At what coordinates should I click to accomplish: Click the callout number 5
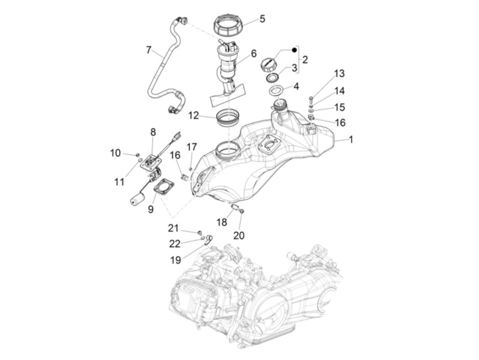click(262, 18)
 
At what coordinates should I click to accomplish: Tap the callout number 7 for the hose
click(148, 50)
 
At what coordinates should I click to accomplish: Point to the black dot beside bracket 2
click(294, 50)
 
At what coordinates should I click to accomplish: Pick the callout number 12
click(193, 115)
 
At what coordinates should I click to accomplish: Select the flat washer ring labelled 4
click(276, 91)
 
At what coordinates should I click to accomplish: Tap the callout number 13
click(339, 74)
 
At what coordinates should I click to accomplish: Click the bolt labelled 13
click(311, 99)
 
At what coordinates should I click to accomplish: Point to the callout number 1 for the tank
click(351, 140)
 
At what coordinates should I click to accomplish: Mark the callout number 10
click(115, 153)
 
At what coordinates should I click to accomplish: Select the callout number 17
click(192, 147)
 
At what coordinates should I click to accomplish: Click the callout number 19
click(176, 260)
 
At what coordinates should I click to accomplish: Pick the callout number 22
click(174, 244)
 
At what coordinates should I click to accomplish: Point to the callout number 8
click(153, 132)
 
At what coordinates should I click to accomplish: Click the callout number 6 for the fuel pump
click(254, 53)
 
